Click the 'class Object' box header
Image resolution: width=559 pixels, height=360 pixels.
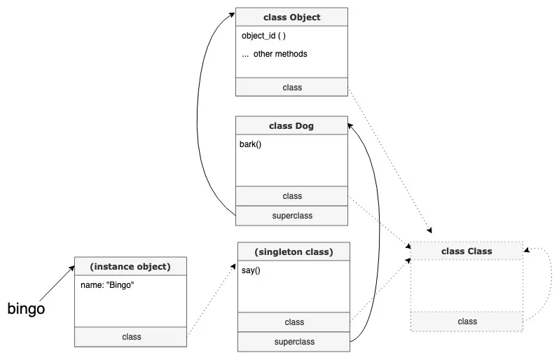(291, 17)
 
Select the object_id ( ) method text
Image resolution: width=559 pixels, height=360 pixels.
(264, 36)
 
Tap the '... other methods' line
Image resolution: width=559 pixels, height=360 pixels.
(274, 54)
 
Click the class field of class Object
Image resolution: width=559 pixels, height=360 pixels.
(291, 88)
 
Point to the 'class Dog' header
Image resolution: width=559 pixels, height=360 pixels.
(291, 126)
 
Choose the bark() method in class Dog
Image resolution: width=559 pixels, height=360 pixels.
(251, 145)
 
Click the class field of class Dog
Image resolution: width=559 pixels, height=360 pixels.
(291, 196)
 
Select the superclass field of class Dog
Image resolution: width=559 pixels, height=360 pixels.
(291, 216)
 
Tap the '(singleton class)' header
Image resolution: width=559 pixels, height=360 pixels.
(294, 251)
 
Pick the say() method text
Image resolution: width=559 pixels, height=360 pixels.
(251, 270)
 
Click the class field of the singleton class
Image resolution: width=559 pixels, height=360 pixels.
(294, 322)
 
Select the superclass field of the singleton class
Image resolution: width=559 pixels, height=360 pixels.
(294, 342)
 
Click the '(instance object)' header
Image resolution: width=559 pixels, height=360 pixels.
(130, 267)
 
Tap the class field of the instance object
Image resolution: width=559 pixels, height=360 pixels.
(131, 337)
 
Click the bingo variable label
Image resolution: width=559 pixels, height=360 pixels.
(26, 308)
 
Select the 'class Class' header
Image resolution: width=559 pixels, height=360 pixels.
(467, 251)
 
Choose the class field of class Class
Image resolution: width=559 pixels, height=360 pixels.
(467, 321)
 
